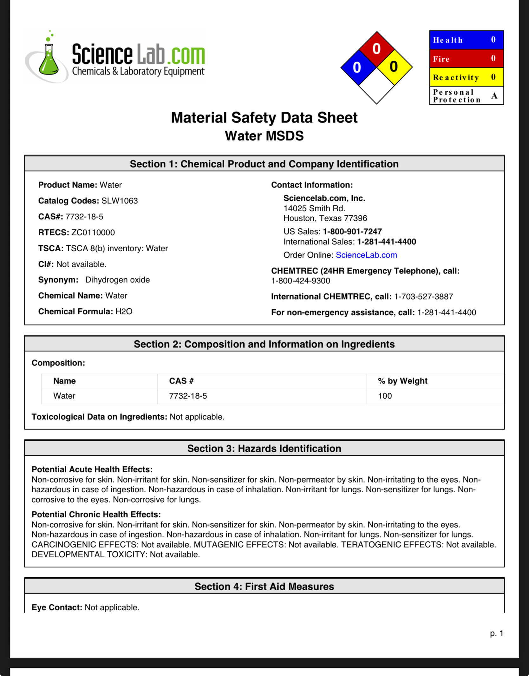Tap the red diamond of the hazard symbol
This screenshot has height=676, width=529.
coord(376,49)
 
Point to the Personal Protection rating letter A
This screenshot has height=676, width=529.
coord(494,95)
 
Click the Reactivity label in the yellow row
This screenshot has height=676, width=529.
coord(456,77)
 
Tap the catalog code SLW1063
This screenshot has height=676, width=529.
coord(120,201)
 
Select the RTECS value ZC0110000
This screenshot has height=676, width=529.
coord(93,233)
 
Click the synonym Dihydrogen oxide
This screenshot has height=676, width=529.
coord(117,280)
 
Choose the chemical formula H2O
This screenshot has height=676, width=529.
coord(124,312)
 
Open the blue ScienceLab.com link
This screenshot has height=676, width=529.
coord(366,255)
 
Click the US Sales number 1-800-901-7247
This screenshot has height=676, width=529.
coord(352,232)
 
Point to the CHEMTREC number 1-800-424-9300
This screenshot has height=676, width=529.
coord(300,281)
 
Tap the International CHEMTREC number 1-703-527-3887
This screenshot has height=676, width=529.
coord(423,297)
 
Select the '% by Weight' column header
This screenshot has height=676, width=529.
coord(402,381)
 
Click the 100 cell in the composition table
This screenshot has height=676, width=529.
coord(385,396)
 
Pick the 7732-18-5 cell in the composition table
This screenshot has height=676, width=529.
coord(188,396)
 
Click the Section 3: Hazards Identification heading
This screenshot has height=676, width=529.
coord(264,449)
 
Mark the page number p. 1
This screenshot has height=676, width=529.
coord(496,633)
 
